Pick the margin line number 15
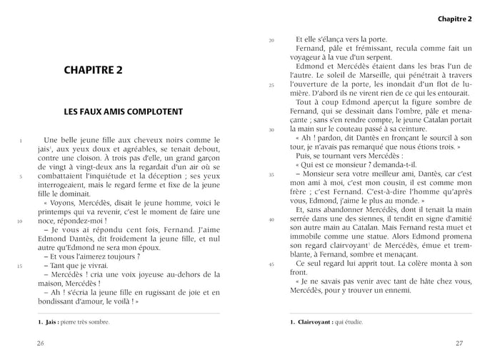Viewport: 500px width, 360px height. click(x=21, y=266)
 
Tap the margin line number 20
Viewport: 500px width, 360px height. click(x=271, y=40)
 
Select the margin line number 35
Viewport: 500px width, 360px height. click(x=271, y=174)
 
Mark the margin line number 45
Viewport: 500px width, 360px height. click(x=271, y=264)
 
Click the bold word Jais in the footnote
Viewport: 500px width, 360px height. click(x=51, y=322)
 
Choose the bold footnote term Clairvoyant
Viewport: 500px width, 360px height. click(x=320, y=322)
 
